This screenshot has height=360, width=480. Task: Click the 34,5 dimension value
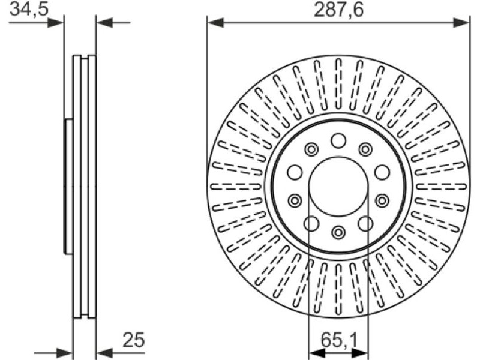[29, 9]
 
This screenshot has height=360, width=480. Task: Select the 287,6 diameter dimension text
[339, 10]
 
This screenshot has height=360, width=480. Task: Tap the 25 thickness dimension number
[133, 340]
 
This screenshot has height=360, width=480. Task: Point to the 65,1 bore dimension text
[339, 340]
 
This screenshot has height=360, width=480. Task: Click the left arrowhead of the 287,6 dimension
[215, 23]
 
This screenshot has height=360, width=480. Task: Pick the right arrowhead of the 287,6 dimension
[461, 23]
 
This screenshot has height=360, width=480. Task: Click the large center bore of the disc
[338, 186]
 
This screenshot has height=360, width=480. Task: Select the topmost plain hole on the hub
[338, 141]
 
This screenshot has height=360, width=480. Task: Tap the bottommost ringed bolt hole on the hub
[338, 232]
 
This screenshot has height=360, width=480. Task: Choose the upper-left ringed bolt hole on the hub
[311, 149]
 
